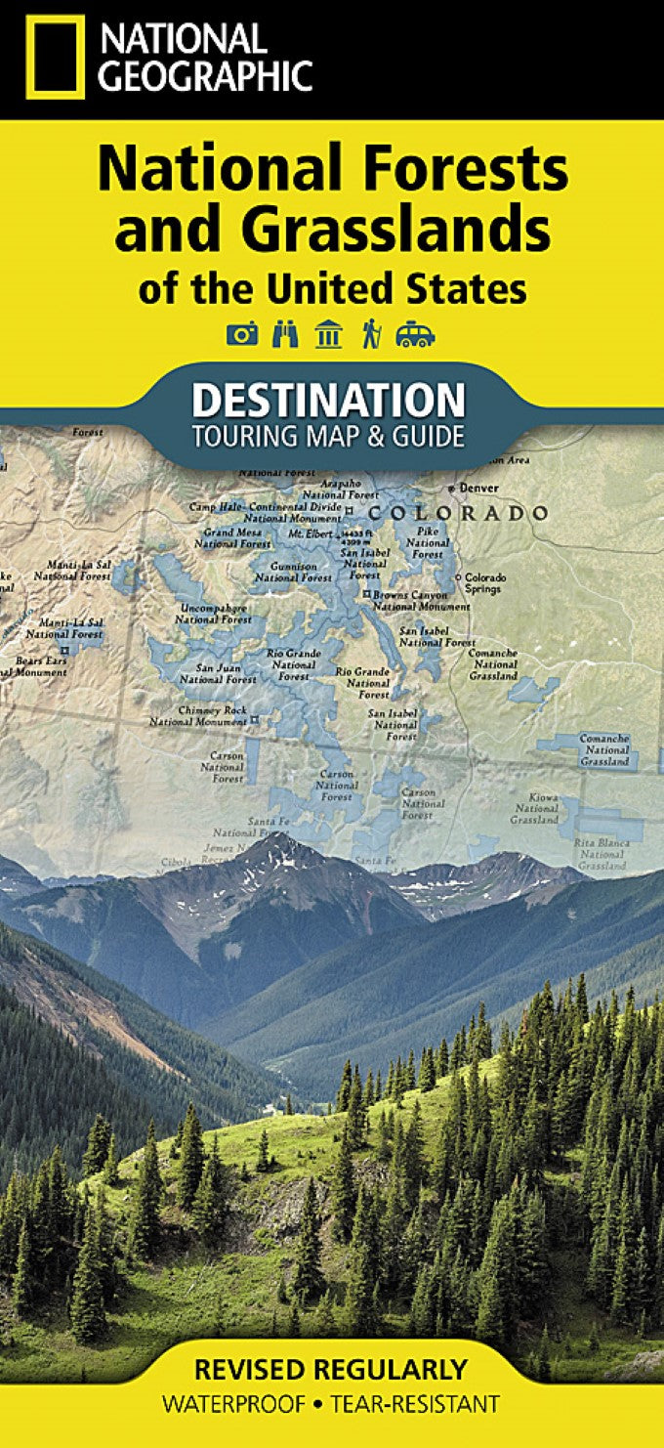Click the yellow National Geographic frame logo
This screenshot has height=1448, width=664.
[55, 57]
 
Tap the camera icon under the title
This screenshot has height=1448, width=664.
[242, 335]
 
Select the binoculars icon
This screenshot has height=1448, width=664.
[285, 335]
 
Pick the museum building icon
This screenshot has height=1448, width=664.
[328, 335]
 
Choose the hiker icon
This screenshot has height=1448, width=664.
[371, 335]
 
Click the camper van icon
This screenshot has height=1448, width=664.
[415, 336]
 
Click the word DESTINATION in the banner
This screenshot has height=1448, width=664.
[328, 401]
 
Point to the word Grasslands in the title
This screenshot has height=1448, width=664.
[396, 232]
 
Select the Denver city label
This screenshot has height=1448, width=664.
[477, 488]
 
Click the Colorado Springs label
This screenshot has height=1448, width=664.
[482, 582]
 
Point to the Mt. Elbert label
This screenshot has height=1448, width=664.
[311, 534]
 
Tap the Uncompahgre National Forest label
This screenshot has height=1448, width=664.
[214, 614]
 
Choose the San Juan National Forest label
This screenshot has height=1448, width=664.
[219, 673]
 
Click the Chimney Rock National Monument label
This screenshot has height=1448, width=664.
[198, 716]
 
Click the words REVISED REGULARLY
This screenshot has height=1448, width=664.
[331, 1368]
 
